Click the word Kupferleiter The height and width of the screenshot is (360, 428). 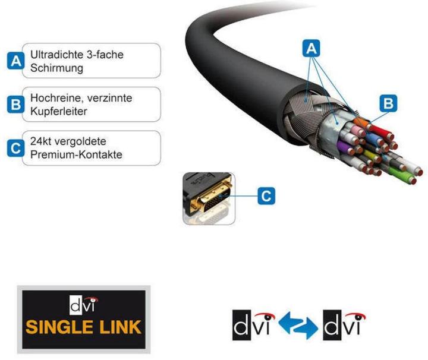[x=58, y=112]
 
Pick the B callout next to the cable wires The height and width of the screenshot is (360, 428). [x=388, y=103]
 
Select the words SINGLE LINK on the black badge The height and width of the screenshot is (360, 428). [x=83, y=326]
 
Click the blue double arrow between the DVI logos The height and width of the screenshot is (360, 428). [x=290, y=326]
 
